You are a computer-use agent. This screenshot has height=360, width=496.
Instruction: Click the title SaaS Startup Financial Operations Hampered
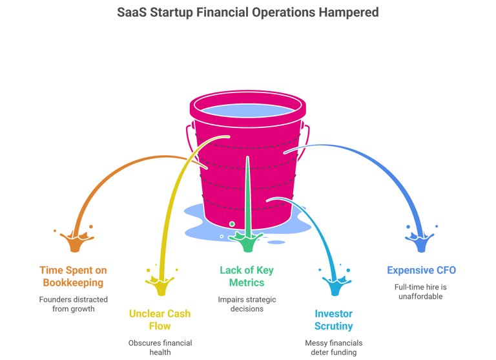tap(248, 12)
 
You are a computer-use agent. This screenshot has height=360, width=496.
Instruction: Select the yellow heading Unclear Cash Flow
tap(160, 320)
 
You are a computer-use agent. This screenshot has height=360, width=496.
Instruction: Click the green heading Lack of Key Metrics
tap(246, 276)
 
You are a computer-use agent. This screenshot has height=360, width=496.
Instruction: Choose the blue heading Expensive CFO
tap(420, 270)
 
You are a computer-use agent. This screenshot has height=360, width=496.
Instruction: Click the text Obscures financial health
tap(160, 347)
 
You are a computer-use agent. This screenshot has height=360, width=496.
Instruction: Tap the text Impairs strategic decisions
tap(246, 304)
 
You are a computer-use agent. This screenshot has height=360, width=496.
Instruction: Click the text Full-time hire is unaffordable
tap(420, 291)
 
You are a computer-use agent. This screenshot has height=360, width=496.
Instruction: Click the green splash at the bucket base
tap(247, 242)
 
